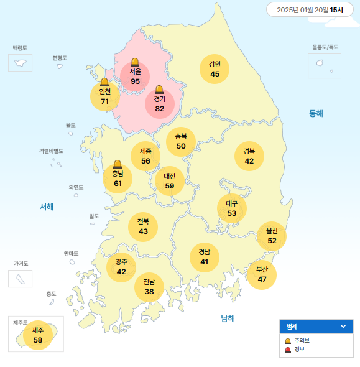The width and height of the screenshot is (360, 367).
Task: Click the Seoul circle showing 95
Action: point(135,77)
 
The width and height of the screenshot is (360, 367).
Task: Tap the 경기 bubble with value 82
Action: point(160,104)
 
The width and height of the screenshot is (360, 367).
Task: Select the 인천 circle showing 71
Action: point(105,96)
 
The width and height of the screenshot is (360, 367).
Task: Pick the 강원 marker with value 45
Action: point(215,69)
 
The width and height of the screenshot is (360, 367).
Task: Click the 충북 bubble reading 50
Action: point(181,141)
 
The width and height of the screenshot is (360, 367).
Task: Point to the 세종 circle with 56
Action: point(145,156)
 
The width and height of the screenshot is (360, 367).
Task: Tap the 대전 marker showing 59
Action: point(170,181)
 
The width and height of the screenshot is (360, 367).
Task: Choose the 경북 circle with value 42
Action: point(249,156)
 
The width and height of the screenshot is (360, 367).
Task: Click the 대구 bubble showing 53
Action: point(232,208)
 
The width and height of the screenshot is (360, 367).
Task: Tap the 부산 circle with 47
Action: point(262,274)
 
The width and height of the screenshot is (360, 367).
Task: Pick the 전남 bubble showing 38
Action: point(149,287)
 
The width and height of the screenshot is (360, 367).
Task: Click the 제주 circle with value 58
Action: point(38,335)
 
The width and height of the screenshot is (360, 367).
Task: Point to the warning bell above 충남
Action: point(118,164)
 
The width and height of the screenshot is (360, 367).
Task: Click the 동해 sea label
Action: point(316,113)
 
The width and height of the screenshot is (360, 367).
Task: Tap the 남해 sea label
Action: point(228,318)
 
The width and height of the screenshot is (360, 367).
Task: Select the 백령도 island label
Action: point(21,48)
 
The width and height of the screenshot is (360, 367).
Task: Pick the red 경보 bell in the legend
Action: point(287,350)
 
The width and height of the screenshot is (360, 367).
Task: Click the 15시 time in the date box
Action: point(336,10)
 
